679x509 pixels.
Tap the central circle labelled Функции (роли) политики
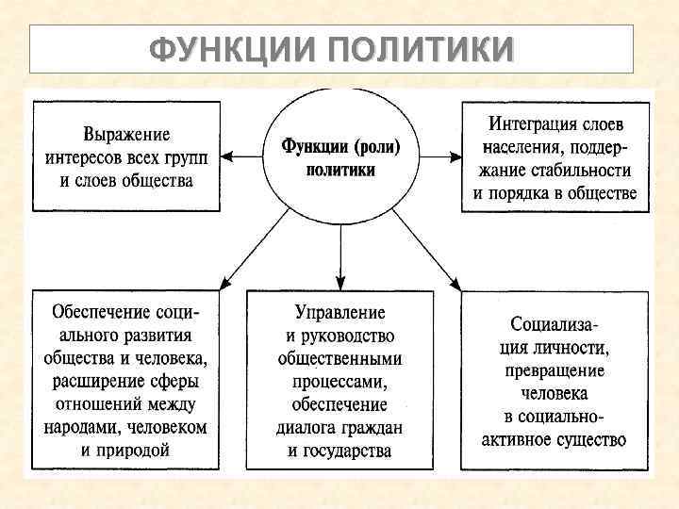click(x=339, y=156)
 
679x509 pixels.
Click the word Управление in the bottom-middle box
click(x=339, y=313)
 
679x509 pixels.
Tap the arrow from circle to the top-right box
click(x=437, y=155)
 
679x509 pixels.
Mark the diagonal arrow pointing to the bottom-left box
click(x=253, y=248)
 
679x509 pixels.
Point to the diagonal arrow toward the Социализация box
click(x=425, y=248)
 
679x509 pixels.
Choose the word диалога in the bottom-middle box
click(x=308, y=427)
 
